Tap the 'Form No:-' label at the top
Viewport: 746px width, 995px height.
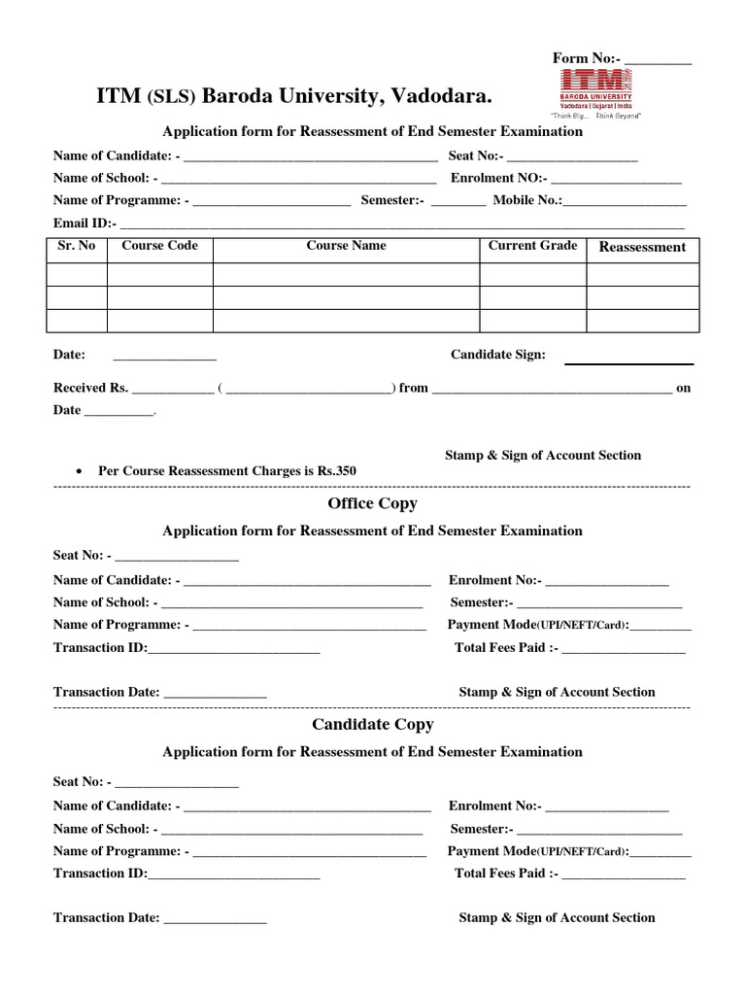pyautogui.click(x=586, y=58)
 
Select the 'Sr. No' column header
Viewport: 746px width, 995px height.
pyautogui.click(x=77, y=246)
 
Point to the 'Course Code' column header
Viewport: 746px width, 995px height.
pyautogui.click(x=159, y=246)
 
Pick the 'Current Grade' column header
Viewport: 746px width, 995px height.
pyautogui.click(x=532, y=246)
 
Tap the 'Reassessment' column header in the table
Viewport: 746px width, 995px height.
pyautogui.click(x=642, y=247)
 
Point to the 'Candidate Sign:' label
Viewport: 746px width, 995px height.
pyautogui.click(x=498, y=355)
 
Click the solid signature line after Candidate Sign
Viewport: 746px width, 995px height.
pyautogui.click(x=629, y=363)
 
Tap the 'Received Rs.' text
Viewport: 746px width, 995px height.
pyautogui.click(x=90, y=388)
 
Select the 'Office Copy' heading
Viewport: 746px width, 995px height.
pyautogui.click(x=372, y=503)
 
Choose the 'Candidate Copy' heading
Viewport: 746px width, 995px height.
pyautogui.click(x=372, y=725)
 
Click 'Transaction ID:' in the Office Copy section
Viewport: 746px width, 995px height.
pyautogui.click(x=100, y=648)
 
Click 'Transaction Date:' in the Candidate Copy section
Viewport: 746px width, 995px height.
pyautogui.click(x=106, y=918)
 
